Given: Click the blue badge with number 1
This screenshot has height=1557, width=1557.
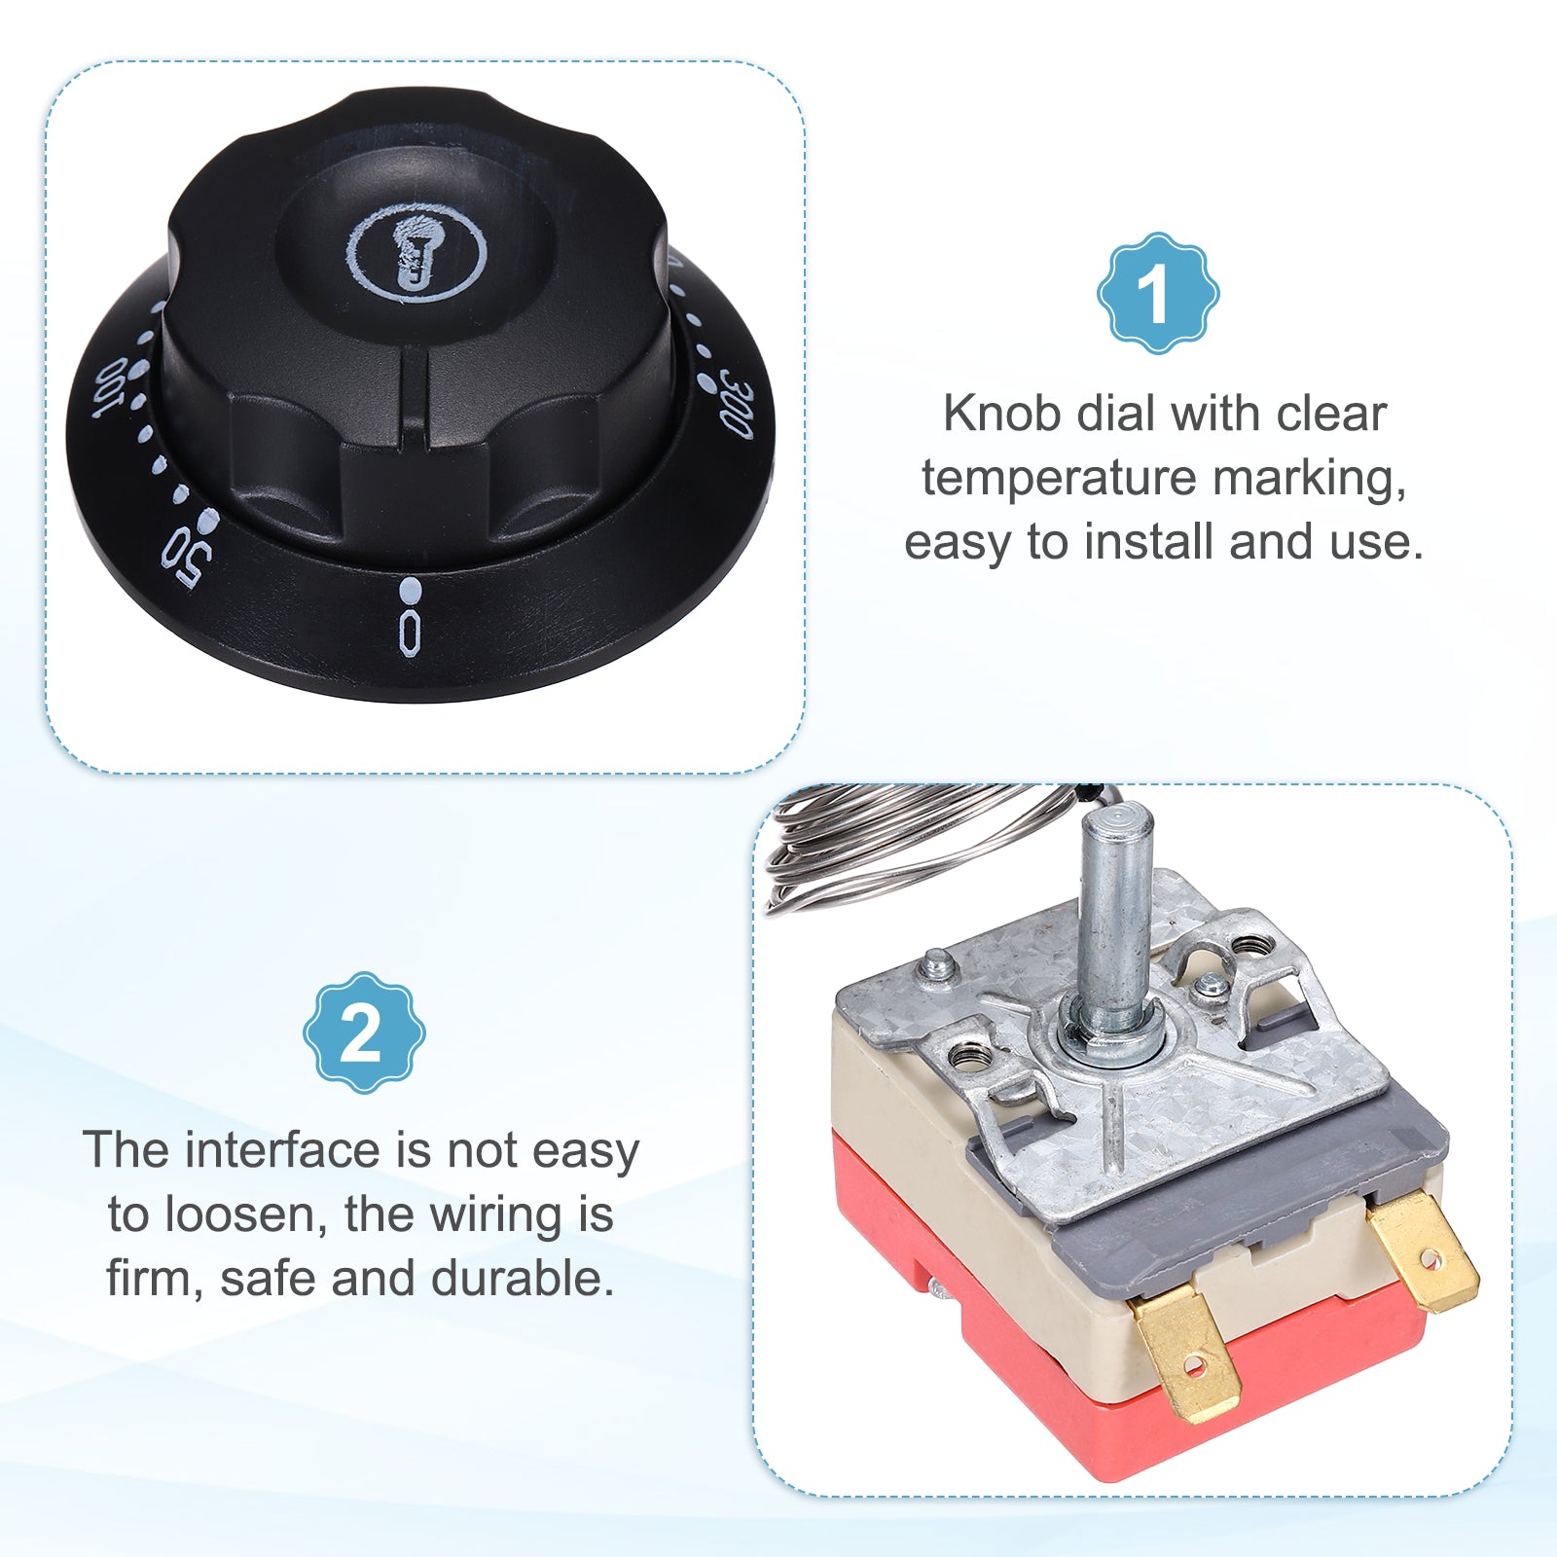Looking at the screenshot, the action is tap(1158, 293).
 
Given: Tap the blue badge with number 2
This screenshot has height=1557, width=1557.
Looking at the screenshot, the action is tap(364, 1032).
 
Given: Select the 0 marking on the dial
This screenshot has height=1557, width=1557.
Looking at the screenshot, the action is tap(411, 633).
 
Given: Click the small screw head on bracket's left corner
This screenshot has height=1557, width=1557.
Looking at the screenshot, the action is tap(936, 964).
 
